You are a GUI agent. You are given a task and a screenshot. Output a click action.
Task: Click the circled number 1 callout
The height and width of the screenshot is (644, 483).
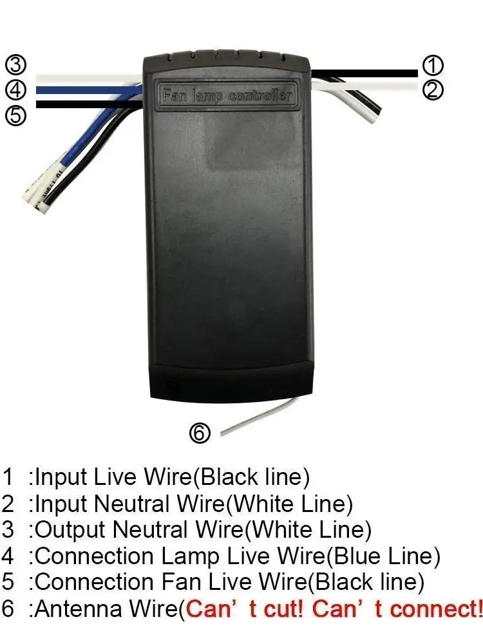point(433,66)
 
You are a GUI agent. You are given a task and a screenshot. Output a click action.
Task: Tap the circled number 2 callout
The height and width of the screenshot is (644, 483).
point(433,90)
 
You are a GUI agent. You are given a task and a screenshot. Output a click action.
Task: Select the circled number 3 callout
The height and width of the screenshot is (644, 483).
point(15,64)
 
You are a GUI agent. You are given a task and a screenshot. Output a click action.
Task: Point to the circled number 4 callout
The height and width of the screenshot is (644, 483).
point(15,90)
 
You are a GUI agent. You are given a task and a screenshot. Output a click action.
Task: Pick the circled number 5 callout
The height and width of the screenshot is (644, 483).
point(15,115)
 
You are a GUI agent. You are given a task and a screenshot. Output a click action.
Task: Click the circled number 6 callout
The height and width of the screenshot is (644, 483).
point(200,433)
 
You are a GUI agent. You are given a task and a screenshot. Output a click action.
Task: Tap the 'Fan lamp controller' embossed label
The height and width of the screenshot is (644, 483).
point(227,96)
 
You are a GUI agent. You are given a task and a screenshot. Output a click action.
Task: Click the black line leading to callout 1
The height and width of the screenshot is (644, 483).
point(365,73)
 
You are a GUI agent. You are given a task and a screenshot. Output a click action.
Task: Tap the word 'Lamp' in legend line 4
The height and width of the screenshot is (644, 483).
point(190,556)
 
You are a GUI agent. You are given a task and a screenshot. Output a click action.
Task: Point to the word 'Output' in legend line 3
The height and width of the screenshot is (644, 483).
point(70,530)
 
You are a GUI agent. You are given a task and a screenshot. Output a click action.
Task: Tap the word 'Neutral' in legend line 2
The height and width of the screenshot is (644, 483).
point(132,504)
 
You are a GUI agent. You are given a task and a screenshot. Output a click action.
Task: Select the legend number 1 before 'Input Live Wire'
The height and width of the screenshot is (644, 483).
point(8,477)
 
